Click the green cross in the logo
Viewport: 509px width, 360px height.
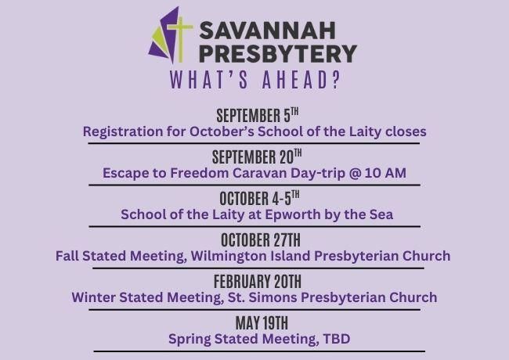coord(179,39)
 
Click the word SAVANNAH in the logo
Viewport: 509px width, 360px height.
coord(268,31)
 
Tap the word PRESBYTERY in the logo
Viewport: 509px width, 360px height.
coord(278,53)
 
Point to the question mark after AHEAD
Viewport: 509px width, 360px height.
coord(336,80)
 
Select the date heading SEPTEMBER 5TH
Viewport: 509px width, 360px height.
coord(258,116)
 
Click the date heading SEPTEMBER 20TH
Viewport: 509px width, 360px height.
coord(257,157)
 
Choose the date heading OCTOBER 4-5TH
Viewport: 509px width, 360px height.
coord(259,198)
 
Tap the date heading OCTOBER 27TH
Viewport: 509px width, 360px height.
coord(261,240)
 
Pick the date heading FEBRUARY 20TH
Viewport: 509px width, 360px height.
coord(258,282)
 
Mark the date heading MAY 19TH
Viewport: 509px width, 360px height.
coord(262,323)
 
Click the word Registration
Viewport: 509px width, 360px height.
coord(123,132)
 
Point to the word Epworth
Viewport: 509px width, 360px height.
coord(293,215)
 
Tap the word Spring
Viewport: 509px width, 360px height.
coord(190,340)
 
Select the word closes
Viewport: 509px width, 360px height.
coord(406,131)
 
